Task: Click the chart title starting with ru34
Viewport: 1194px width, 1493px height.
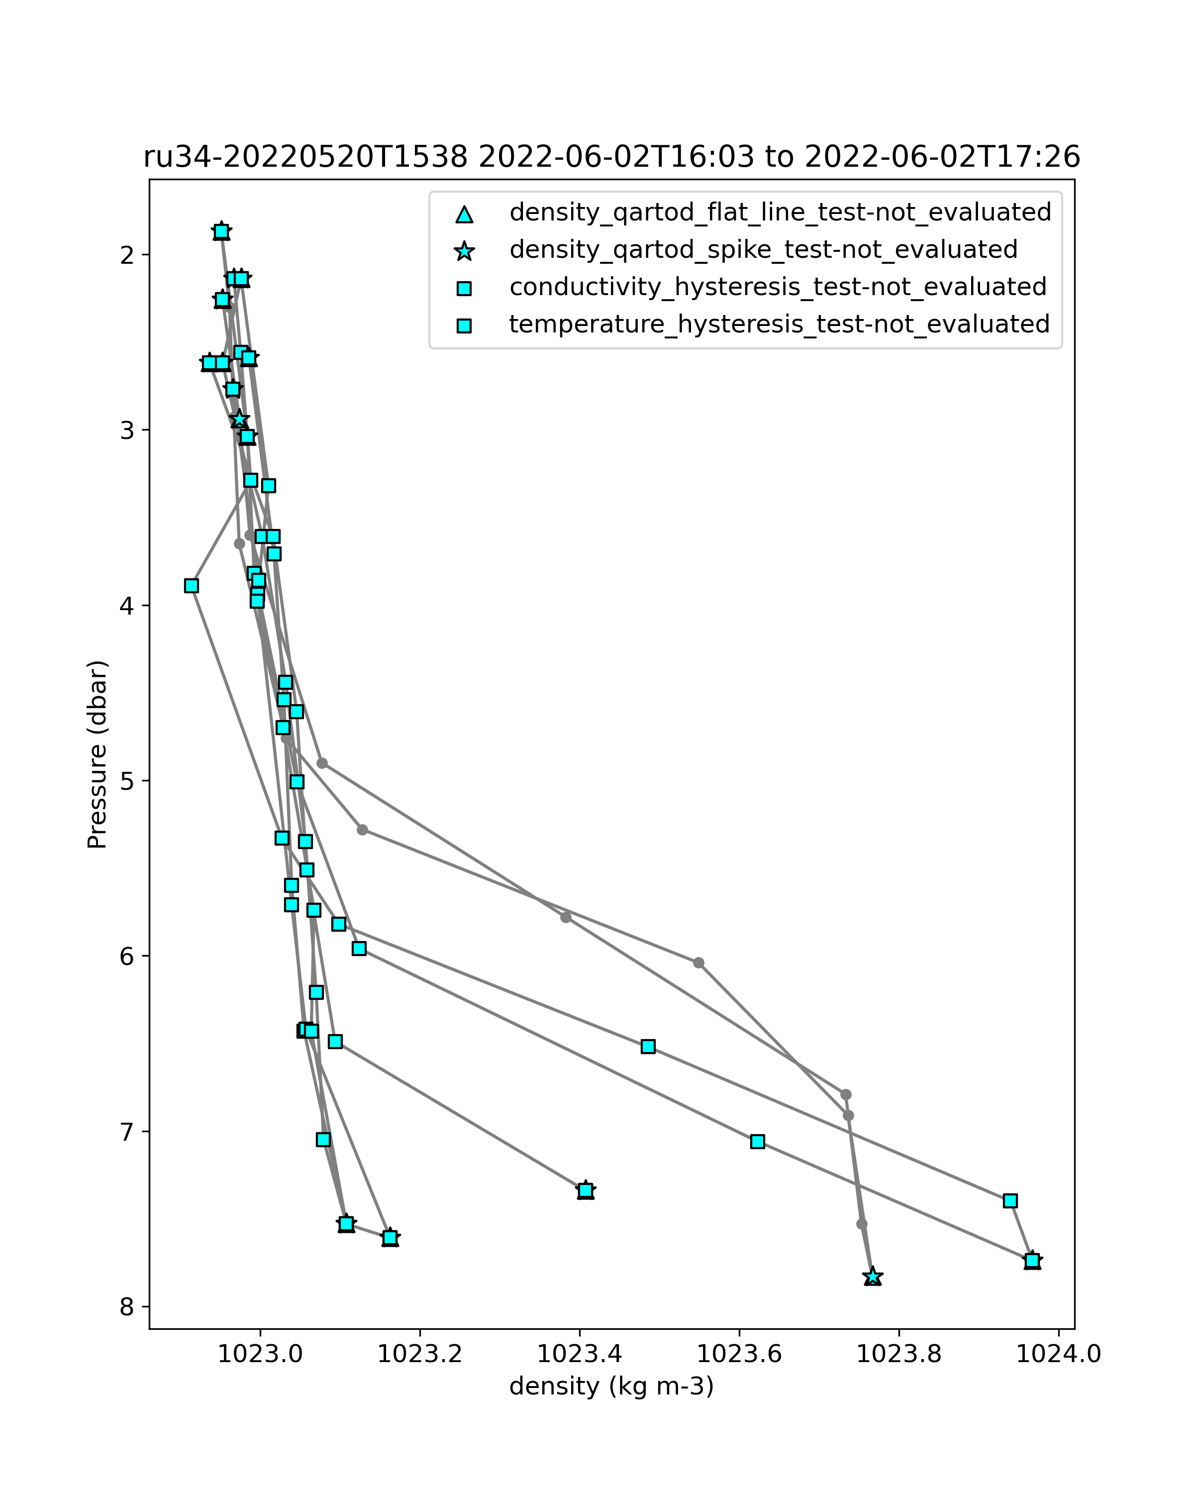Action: [611, 157]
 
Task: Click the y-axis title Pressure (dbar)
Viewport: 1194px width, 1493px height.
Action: [98, 754]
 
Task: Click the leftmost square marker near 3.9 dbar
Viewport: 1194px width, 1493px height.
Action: [192, 586]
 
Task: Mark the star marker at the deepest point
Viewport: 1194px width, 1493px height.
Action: [873, 1276]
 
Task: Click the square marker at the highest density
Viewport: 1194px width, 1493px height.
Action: [1032, 1260]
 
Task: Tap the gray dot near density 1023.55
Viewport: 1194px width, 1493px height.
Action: [698, 962]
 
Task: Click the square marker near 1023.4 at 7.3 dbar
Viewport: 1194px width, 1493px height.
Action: [586, 1190]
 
